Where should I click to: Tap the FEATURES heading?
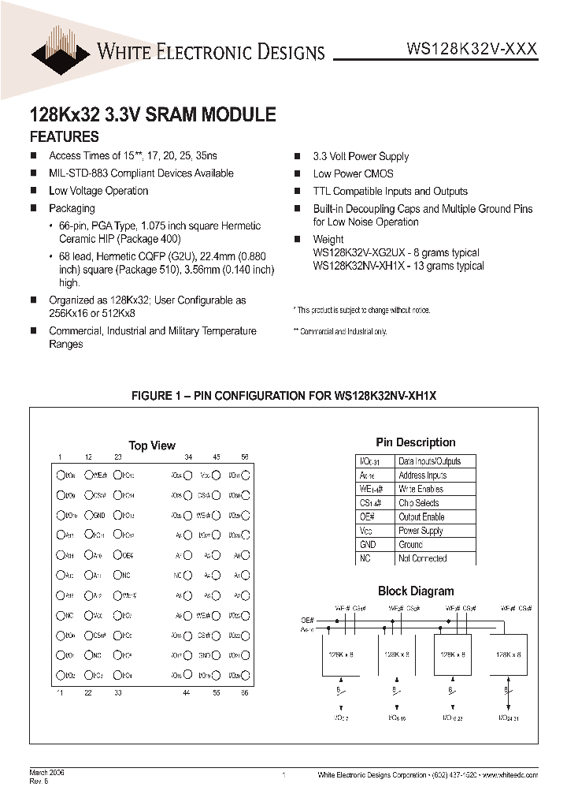click(x=64, y=136)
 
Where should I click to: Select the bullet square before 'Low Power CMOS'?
click(x=298, y=174)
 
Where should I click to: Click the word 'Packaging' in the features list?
click(x=72, y=208)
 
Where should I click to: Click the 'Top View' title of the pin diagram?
click(x=152, y=446)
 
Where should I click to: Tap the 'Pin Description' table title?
click(x=416, y=442)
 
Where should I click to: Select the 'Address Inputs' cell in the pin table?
click(x=423, y=475)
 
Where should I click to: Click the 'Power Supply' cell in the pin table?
click(x=421, y=531)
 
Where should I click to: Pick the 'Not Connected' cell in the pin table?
click(x=423, y=558)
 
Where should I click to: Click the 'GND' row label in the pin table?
click(x=367, y=545)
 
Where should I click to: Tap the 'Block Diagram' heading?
click(x=416, y=591)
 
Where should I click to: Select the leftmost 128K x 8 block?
click(x=340, y=654)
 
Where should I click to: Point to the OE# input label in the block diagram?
click(x=307, y=621)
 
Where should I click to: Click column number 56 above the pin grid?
click(x=245, y=457)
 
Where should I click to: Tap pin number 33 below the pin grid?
click(x=117, y=692)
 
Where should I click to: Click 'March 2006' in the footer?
click(x=47, y=772)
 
